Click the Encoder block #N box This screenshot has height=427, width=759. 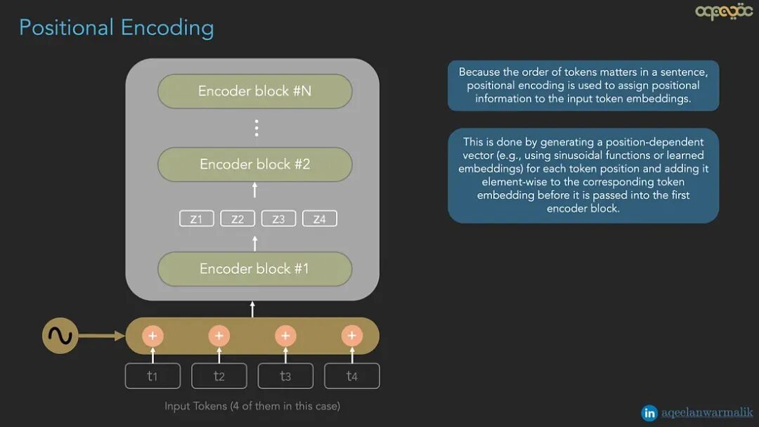[x=254, y=91]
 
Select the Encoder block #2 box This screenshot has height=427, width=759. [x=254, y=164]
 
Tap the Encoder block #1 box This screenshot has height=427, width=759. [x=254, y=269]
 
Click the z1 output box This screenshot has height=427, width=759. [x=196, y=219]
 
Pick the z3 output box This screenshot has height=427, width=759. [x=278, y=219]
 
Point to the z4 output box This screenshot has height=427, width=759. [x=320, y=219]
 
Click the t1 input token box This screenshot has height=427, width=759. [x=153, y=376]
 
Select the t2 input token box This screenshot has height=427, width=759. [x=219, y=376]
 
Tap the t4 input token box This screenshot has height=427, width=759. [x=352, y=376]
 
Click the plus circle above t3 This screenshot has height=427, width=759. [x=285, y=336]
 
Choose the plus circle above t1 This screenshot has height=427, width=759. [x=153, y=336]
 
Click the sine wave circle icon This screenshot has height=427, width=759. [x=60, y=336]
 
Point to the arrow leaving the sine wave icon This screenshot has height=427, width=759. [x=102, y=336]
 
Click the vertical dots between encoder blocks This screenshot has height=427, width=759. [x=257, y=128]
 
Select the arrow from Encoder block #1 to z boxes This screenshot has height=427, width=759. [x=255, y=242]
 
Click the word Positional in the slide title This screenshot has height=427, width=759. [x=66, y=28]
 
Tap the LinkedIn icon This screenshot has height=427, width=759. [x=649, y=413]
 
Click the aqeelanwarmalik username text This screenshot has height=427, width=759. [x=707, y=413]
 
